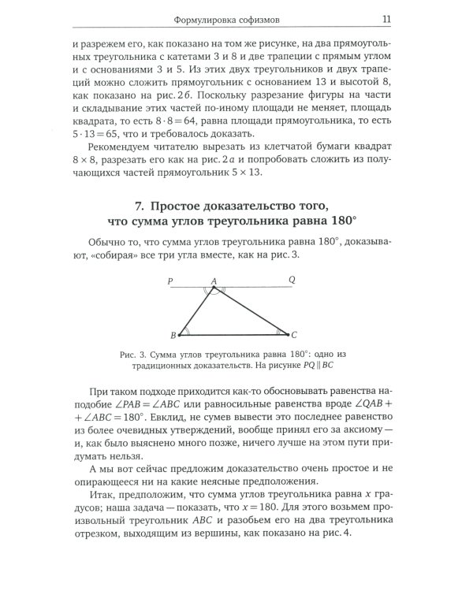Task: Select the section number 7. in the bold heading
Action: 139,206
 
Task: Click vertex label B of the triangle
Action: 173,336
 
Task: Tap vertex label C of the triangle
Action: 294,335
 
